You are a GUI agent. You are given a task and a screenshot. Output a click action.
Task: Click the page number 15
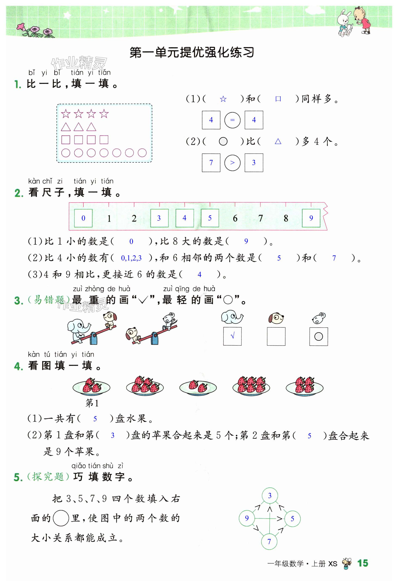(362, 563)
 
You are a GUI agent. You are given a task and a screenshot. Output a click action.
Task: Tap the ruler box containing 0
(83, 218)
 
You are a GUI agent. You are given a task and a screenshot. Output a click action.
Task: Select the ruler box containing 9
(311, 218)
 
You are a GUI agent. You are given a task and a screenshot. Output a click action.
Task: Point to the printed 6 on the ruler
(235, 218)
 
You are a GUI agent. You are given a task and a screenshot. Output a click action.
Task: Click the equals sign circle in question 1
(232, 120)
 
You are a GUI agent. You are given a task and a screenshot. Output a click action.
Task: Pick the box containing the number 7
(211, 163)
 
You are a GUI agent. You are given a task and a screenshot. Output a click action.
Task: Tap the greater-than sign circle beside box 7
(232, 163)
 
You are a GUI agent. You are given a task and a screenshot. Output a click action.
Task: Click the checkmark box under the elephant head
(232, 336)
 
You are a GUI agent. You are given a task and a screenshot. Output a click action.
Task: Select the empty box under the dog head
(276, 336)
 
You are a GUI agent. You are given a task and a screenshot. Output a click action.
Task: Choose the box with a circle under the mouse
(319, 336)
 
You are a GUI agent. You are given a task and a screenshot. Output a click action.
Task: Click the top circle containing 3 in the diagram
(270, 496)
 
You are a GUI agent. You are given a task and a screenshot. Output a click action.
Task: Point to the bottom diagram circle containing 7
(269, 541)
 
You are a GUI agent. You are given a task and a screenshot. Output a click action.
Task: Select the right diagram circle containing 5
(292, 519)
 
